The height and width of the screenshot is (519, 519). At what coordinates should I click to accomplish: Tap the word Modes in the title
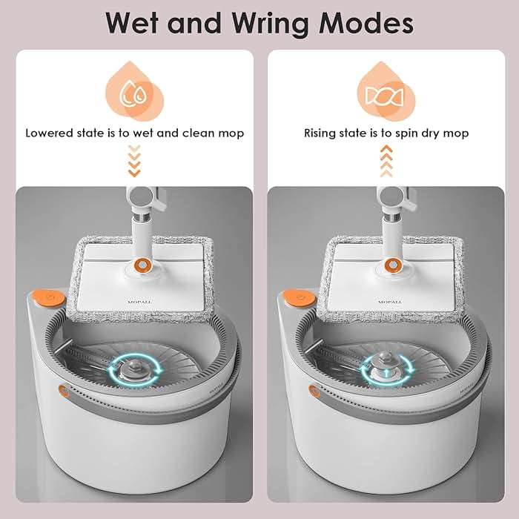366,23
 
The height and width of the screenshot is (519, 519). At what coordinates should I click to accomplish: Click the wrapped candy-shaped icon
385,96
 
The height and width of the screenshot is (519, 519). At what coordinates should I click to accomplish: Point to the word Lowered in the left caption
50,133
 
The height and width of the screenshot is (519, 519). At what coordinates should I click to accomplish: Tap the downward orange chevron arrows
134,161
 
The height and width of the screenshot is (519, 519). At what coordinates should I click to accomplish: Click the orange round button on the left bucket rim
49,297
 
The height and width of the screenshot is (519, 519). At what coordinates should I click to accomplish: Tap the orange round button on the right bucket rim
300,297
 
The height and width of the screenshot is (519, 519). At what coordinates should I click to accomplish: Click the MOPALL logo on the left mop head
139,302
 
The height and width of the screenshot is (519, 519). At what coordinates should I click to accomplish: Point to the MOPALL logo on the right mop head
390,302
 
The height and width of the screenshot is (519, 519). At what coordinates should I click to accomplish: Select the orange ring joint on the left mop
142,265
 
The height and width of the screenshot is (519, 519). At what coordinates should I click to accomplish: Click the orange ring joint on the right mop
392,265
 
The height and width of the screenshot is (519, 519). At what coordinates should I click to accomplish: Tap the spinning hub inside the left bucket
134,370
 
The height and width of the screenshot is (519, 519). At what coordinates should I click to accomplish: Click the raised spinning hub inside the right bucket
386,367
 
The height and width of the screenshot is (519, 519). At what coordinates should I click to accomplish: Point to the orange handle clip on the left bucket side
65,391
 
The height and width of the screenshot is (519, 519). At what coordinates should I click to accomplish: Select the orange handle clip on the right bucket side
314,391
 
